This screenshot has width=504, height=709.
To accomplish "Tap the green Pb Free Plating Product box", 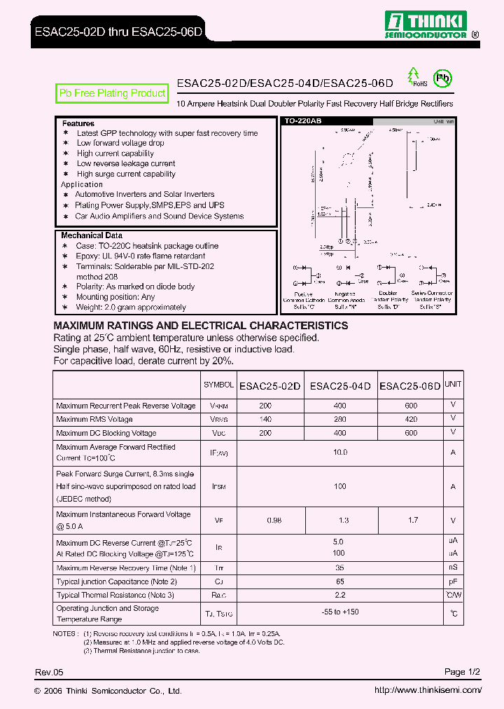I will coord(112,93).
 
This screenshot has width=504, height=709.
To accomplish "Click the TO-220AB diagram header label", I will coord(303,121).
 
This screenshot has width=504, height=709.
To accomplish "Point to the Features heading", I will coord(78,123).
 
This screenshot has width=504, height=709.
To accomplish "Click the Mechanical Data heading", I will coord(91,235).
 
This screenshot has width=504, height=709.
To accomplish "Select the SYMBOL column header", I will coord(218,385).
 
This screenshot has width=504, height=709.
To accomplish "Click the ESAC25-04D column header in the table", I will coord(340,386).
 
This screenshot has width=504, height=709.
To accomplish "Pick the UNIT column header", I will coord(453,384).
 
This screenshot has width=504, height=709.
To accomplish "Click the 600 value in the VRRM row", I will coord(411,406).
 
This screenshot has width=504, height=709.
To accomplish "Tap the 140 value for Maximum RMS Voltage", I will coord(265,419).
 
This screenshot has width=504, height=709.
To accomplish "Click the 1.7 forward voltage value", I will coord(413,520).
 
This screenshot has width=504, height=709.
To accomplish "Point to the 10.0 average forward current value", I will coord(340,453).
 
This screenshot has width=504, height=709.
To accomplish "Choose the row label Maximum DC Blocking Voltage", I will coord(106,433).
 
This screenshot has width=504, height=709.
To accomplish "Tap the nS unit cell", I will coord(453,567).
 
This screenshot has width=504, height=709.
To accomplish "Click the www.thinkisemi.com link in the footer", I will coord(428,690).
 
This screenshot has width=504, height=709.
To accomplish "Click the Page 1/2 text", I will coord(462,672).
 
